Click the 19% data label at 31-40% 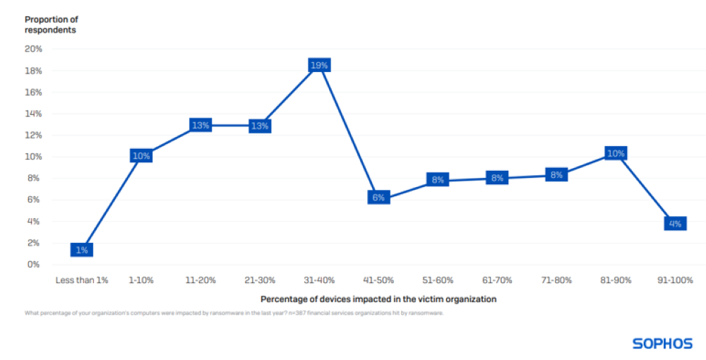pos(319,65)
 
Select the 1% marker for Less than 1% pos(82,250)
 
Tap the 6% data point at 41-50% pos(378,198)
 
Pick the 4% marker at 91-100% pos(675,224)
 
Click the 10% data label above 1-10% pos(141,156)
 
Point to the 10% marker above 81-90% pos(616,154)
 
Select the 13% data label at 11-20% pos(201,126)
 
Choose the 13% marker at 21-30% pos(260,126)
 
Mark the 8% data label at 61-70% pos(497,178)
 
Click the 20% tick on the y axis pos(33,49)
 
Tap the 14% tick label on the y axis pos(33,114)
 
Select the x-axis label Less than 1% pos(82,280)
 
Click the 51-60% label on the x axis pos(438,280)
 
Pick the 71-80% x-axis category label pos(556,280)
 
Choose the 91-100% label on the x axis pos(675,280)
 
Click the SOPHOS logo pos(663,344)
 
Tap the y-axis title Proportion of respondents pos(52,25)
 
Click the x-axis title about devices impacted pos(378,299)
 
